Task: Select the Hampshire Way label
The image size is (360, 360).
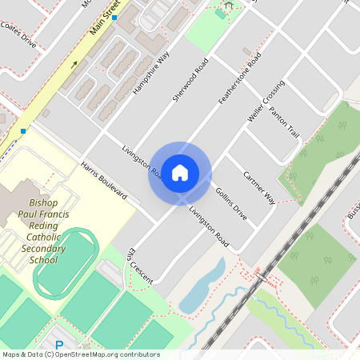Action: (x=152, y=74)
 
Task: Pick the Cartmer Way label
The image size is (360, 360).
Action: (x=260, y=188)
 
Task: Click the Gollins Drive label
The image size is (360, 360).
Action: (x=231, y=205)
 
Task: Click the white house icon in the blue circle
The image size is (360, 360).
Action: (x=180, y=173)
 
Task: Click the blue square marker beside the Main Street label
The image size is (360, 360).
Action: (x=114, y=17)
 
